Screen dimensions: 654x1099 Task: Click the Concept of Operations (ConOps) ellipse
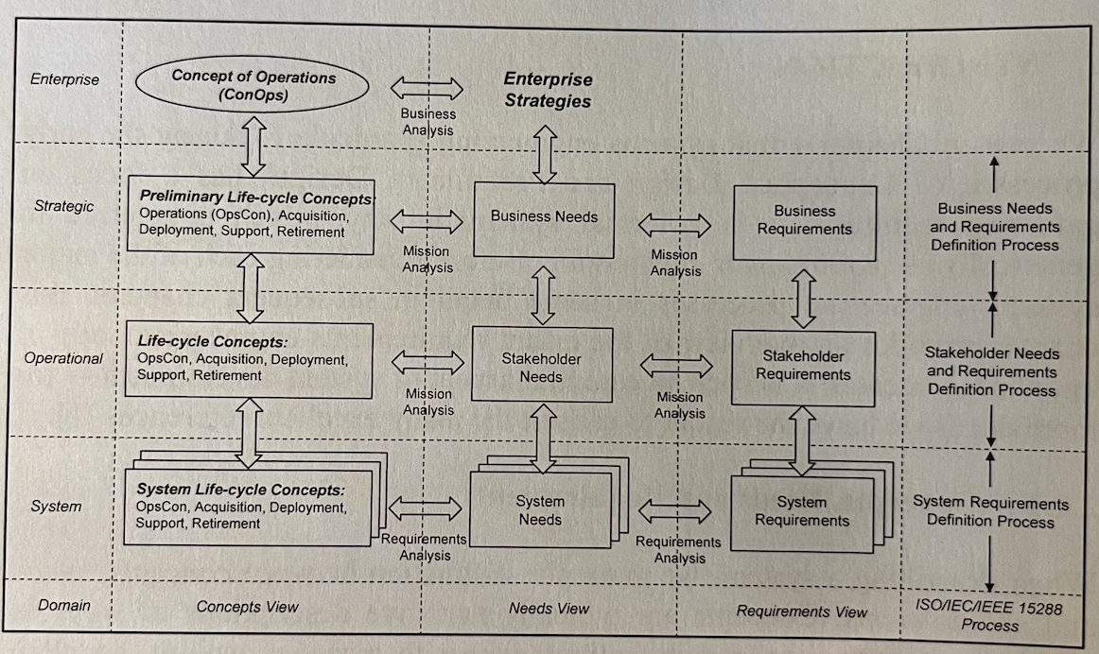click(253, 87)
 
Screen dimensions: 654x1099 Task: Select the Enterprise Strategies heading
click(547, 90)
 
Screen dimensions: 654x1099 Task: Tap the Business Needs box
click(544, 217)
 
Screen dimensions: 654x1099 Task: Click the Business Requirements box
click(805, 221)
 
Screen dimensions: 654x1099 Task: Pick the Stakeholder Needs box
click(541, 368)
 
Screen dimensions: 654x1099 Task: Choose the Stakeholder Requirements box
click(803, 366)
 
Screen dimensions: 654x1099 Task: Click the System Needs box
click(540, 510)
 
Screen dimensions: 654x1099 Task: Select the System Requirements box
click(802, 511)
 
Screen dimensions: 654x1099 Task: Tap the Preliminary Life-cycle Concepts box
click(250, 215)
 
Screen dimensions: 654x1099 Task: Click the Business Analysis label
click(428, 122)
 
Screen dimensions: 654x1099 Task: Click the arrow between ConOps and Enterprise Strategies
click(427, 90)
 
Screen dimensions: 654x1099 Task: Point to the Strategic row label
click(64, 206)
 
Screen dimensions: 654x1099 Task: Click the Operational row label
click(64, 358)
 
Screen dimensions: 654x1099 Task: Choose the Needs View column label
click(549, 609)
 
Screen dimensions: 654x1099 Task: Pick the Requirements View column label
click(802, 611)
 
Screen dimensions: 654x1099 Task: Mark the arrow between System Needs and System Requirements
click(675, 511)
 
